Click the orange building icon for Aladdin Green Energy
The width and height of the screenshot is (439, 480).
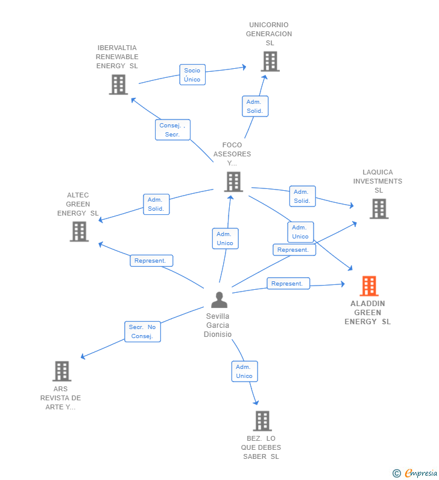369,286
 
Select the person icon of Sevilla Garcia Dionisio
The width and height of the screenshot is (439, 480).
219,299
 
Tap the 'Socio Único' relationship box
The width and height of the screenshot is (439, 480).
192,75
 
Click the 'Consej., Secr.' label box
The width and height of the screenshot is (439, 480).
172,130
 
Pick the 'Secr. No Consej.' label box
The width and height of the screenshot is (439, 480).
142,331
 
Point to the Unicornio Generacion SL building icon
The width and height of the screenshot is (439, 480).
270,62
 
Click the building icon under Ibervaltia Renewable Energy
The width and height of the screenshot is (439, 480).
119,85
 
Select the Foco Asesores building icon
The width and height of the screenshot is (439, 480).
233,182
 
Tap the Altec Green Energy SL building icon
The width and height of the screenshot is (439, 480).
79,231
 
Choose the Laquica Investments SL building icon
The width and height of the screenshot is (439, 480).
379,209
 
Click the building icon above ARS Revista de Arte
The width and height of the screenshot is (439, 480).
62,371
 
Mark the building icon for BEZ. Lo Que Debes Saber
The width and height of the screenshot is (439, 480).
262,421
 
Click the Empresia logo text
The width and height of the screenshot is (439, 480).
421,473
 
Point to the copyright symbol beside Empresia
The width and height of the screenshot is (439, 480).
397,473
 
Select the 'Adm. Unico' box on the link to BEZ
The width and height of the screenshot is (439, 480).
245,371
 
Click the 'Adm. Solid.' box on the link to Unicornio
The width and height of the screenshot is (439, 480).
255,106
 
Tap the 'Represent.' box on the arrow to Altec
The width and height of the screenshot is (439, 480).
151,261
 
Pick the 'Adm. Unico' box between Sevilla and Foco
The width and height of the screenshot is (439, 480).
226,238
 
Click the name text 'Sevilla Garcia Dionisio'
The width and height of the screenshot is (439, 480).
218,325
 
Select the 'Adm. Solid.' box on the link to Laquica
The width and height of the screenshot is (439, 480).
303,196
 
